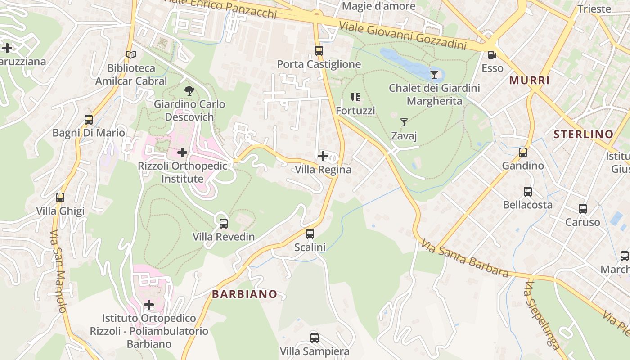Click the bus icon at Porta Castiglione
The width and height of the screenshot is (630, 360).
(319, 51)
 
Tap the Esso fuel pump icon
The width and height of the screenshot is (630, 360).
(492, 55)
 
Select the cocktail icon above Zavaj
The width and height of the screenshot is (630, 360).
(404, 122)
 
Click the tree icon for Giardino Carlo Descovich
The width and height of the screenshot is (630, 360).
(189, 91)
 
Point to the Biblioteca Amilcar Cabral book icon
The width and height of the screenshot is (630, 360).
(131, 54)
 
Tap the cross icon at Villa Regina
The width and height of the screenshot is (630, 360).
(323, 156)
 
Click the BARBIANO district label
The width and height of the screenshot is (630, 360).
(245, 294)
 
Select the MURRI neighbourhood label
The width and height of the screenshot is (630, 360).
(529, 81)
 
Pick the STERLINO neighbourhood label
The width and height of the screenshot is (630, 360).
(583, 134)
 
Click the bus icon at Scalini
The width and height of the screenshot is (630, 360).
(310, 234)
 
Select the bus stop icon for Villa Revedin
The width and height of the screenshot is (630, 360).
(224, 223)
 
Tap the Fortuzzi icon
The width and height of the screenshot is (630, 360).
(355, 97)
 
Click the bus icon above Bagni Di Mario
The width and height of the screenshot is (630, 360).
(89, 120)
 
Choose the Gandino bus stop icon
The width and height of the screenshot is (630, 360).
(523, 153)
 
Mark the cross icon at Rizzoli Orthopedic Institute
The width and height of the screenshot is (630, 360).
(182, 153)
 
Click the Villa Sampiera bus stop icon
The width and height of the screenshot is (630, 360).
(315, 337)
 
